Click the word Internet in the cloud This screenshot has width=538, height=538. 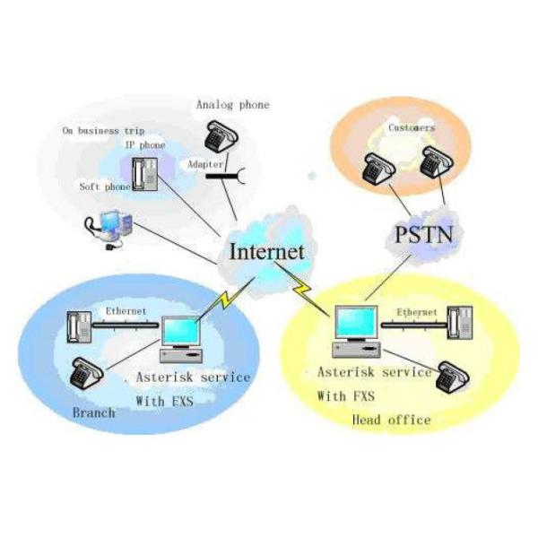(267, 250)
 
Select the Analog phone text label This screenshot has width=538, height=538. (232, 105)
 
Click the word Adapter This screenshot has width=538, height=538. (205, 165)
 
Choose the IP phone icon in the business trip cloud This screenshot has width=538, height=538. (143, 172)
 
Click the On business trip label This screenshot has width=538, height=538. (103, 130)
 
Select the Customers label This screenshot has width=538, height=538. (412, 128)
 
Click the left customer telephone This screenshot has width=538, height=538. (377, 168)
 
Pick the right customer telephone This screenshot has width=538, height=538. (437, 163)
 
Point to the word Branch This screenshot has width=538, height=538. (93, 412)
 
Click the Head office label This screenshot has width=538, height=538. (391, 420)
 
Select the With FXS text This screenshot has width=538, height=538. (345, 395)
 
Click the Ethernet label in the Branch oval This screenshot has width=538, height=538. (126, 311)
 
